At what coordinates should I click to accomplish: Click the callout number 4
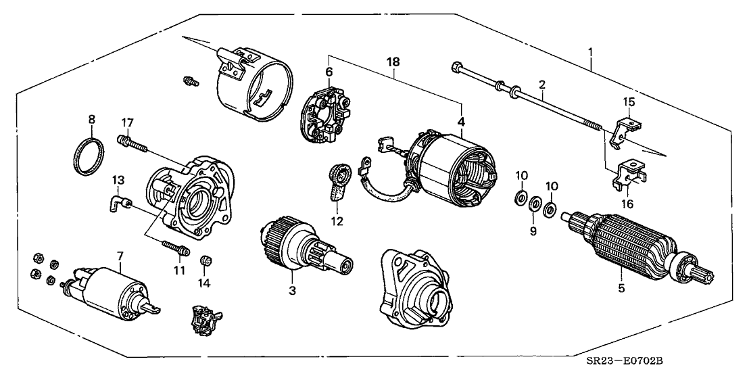pyautogui.click(x=462, y=122)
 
